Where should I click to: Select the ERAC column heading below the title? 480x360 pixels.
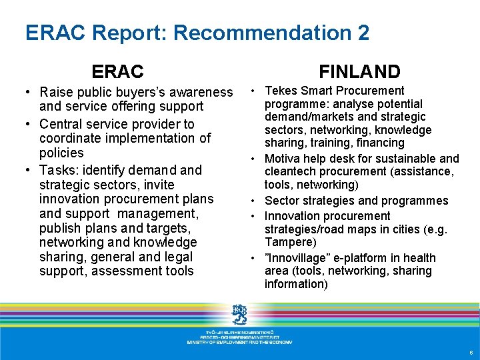tap(117, 71)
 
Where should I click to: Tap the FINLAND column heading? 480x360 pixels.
tap(359, 71)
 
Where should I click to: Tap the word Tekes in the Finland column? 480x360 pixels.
tap(280, 91)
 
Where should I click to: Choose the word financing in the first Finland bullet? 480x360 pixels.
tap(380, 143)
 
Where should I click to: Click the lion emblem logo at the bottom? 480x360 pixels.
tap(239, 313)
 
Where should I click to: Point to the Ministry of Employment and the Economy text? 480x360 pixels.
tap(239, 342)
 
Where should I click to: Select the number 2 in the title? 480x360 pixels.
tap(363, 33)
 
